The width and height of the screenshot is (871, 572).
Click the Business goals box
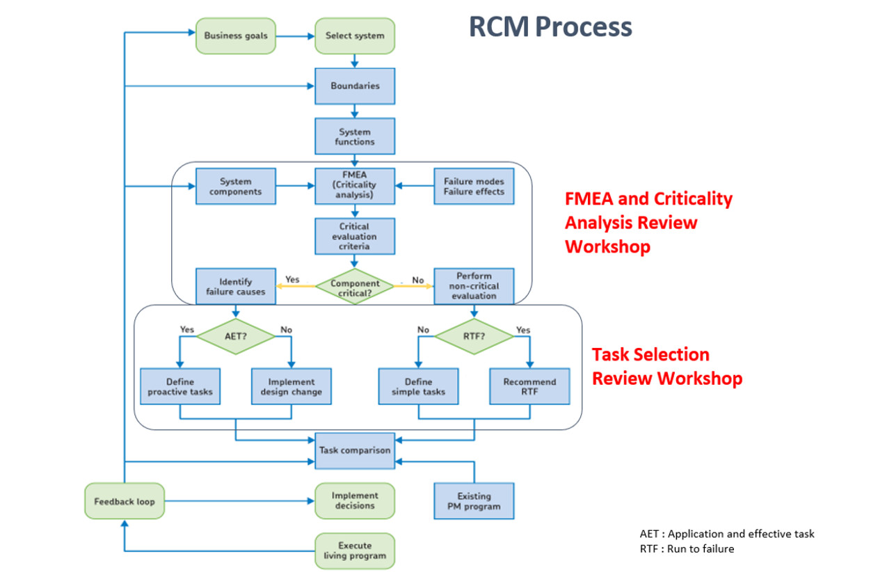[x=236, y=36]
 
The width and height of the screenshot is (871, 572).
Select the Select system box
[x=355, y=36]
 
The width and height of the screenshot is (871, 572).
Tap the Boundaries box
[x=355, y=86]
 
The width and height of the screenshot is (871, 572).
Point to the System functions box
[x=355, y=136]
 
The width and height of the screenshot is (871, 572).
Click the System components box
[x=236, y=186]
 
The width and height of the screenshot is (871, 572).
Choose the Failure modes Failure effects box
[x=474, y=186]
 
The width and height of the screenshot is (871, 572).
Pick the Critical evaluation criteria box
[x=355, y=237]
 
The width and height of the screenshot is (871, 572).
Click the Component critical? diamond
[x=355, y=286]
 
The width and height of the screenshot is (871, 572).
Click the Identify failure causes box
[x=236, y=287]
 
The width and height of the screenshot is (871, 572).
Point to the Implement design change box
[x=291, y=387]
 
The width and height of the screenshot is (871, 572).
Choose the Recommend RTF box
[x=529, y=387]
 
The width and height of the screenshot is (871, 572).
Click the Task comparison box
[x=355, y=450]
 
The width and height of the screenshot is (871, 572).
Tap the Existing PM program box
[x=474, y=501]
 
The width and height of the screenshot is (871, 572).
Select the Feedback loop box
[x=125, y=501]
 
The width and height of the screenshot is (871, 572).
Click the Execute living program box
[x=355, y=550]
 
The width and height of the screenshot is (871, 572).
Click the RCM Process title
[x=550, y=27]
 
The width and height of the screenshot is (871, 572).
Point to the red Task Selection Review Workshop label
[x=666, y=366]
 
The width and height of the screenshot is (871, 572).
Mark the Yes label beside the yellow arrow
[x=292, y=280]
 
